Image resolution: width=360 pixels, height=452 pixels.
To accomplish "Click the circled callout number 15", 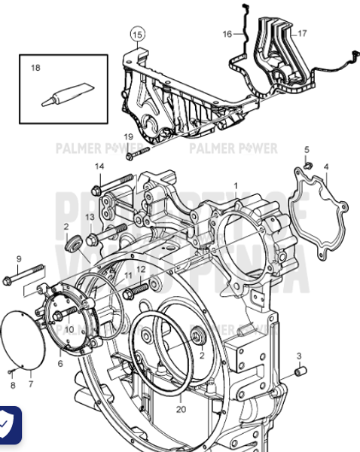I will click(x=136, y=35).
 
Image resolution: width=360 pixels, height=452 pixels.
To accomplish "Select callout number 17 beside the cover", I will click(x=301, y=33).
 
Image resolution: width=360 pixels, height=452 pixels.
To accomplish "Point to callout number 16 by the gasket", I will click(x=227, y=34).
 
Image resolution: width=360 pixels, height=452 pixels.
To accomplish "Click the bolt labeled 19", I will click(x=136, y=154).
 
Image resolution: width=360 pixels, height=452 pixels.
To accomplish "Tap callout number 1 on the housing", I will click(x=235, y=185).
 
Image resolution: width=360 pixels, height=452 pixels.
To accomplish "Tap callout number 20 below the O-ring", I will click(x=180, y=411).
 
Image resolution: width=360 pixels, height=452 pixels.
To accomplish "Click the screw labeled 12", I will click(x=139, y=288).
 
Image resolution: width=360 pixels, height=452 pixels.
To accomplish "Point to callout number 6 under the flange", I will click(x=61, y=362).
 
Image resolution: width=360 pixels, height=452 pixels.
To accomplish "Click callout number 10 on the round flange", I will click(x=69, y=329).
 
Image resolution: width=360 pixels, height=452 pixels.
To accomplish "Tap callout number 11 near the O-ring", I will click(x=127, y=276).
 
